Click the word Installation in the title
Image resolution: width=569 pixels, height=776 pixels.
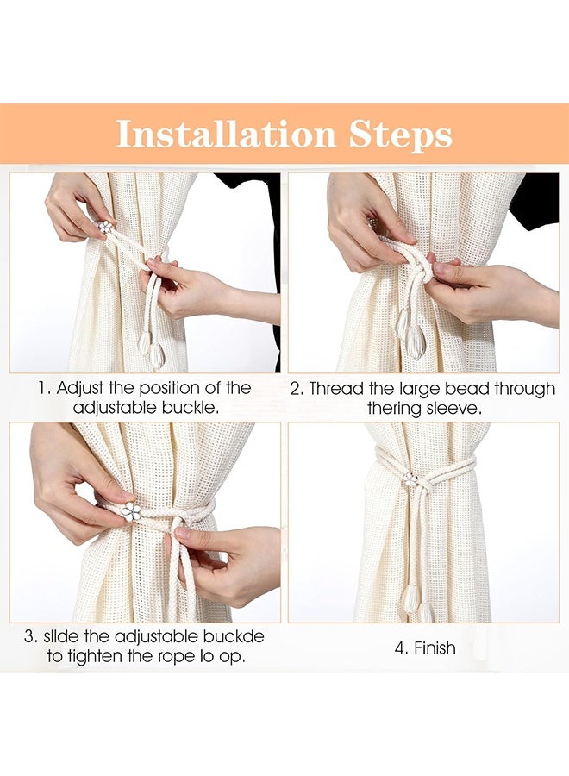(x=226, y=134)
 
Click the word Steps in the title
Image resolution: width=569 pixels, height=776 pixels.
(x=401, y=135)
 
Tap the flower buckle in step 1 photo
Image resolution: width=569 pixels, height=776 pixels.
(x=104, y=227)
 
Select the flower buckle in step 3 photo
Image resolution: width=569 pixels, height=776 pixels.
(x=132, y=510)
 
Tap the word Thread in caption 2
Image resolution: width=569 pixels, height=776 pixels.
(x=337, y=389)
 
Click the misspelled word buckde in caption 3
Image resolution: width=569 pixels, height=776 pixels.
(x=236, y=636)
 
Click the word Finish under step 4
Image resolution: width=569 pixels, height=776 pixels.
(x=435, y=648)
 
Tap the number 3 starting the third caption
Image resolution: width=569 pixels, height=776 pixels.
(x=30, y=636)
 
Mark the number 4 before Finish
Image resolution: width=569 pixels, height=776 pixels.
(x=400, y=648)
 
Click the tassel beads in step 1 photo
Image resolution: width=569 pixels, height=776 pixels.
(x=151, y=349)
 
